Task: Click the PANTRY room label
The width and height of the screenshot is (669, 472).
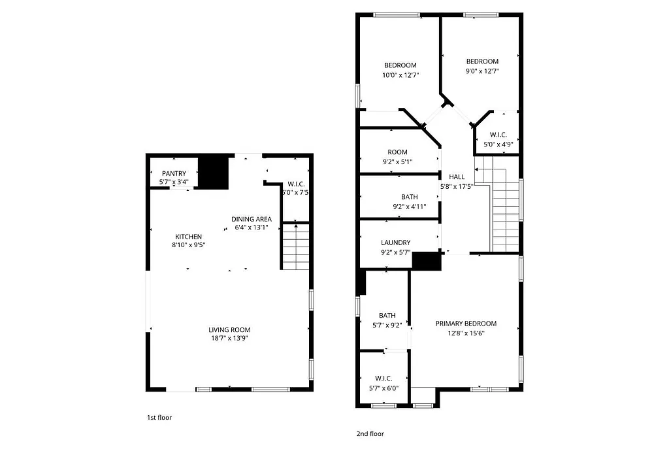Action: click(x=174, y=173)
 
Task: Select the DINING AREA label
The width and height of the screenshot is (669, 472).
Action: click(x=252, y=219)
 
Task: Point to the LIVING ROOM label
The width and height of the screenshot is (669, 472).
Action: click(x=229, y=330)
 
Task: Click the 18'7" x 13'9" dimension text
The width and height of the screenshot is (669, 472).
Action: click(x=229, y=339)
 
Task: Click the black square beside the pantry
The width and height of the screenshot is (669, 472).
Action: click(x=213, y=171)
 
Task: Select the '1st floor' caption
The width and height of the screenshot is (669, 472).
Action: click(x=159, y=417)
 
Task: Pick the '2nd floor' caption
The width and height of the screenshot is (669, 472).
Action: click(x=370, y=433)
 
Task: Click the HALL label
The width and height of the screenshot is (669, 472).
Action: click(x=457, y=177)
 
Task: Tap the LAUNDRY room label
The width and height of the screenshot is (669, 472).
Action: click(x=395, y=243)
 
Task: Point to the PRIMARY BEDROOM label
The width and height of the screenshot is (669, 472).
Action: click(x=466, y=324)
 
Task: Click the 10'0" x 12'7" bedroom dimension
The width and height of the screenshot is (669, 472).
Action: click(x=400, y=75)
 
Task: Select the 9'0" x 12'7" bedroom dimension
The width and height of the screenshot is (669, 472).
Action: click(x=482, y=71)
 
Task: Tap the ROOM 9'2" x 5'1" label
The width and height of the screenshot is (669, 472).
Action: click(x=397, y=152)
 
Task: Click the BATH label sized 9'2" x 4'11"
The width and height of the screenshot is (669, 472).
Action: click(x=410, y=197)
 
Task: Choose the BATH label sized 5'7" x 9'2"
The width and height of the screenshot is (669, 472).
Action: click(x=387, y=316)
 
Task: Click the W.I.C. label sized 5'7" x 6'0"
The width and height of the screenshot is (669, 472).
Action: click(x=383, y=379)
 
